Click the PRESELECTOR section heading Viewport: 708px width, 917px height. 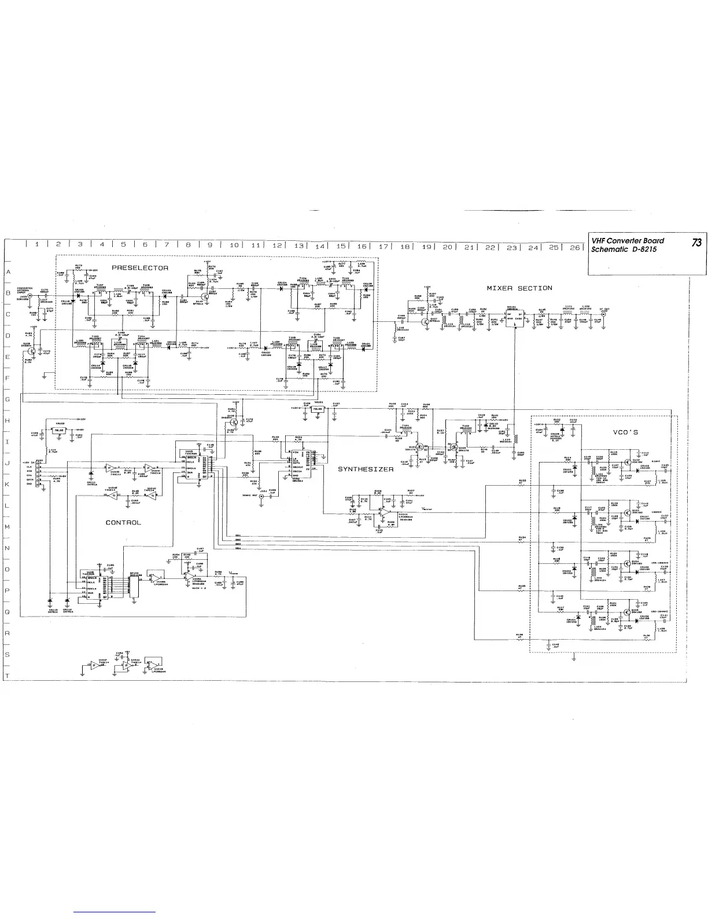tap(140, 268)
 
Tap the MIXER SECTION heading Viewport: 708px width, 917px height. tap(519, 288)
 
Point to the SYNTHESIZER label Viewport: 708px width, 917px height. tap(366, 469)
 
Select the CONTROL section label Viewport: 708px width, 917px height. tap(123, 522)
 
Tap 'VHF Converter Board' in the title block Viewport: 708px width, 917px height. tap(627, 241)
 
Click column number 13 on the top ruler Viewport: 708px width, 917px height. tap(298, 245)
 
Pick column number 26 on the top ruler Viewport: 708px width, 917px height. tap(574, 247)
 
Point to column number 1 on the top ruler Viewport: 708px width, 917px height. tap(36, 244)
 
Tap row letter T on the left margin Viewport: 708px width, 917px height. tap(8, 676)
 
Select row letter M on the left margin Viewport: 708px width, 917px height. tap(8, 527)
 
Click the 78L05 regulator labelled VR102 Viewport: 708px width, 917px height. tap(58, 431)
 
